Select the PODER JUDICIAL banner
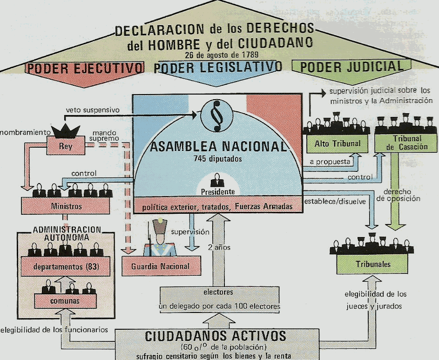[x=351, y=67]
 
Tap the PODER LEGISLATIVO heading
[x=218, y=68]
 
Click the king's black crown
[x=65, y=131]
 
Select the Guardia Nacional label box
[x=161, y=266]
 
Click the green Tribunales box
[x=373, y=264]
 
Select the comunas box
[x=66, y=301]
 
